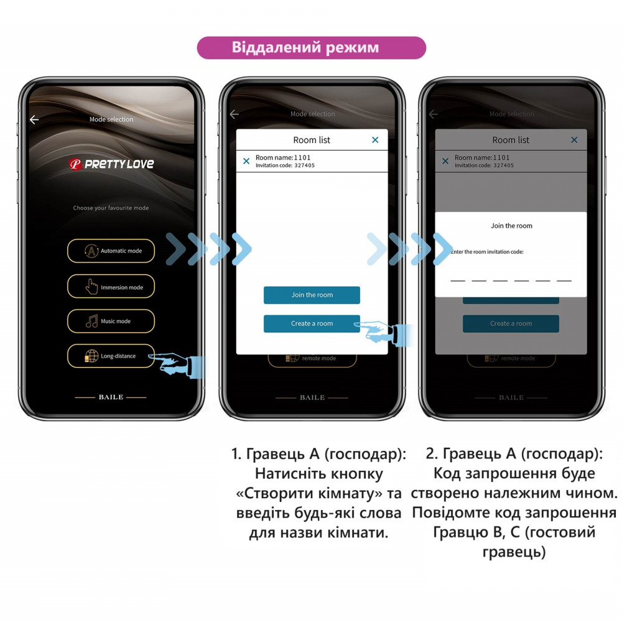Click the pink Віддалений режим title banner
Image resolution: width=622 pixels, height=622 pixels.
[311, 48]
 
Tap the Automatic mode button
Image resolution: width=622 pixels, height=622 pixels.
[111, 251]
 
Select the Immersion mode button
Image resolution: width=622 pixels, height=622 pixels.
[111, 287]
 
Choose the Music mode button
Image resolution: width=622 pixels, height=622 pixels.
[111, 321]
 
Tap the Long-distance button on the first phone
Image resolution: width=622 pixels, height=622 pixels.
[111, 356]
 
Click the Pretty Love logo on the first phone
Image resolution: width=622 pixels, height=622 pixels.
[111, 164]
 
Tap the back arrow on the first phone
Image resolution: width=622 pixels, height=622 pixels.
[34, 119]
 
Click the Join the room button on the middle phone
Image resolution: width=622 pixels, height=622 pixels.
[312, 295]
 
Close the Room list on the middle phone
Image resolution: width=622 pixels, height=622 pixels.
[375, 140]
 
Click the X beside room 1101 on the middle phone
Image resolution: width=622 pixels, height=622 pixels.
[246, 161]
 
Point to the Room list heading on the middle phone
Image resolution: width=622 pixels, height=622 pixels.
[312, 140]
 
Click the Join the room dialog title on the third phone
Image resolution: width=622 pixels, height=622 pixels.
[511, 226]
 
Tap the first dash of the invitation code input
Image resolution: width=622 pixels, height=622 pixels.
[458, 280]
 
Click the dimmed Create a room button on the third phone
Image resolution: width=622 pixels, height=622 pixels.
[511, 323]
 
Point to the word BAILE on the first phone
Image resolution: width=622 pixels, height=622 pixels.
[111, 397]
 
